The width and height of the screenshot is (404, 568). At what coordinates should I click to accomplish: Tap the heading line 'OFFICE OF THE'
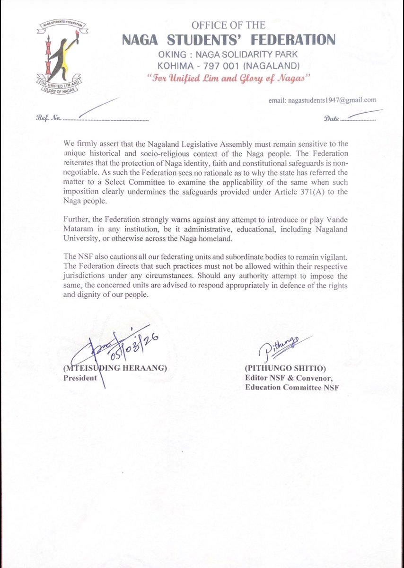[228, 25]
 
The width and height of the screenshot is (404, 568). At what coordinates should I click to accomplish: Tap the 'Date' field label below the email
[332, 119]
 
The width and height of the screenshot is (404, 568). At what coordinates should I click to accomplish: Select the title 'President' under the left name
[80, 378]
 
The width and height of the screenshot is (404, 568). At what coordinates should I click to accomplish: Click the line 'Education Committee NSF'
[292, 388]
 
